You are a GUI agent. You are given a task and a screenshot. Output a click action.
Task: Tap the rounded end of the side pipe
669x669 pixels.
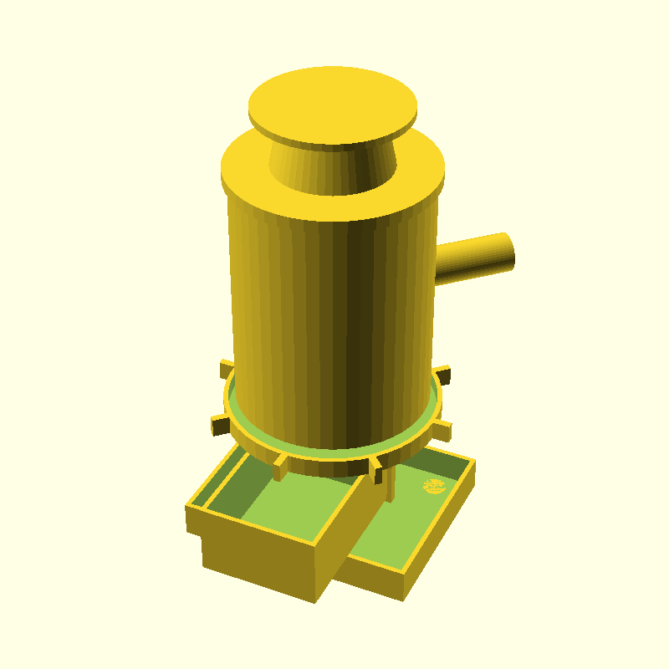[x=505, y=251]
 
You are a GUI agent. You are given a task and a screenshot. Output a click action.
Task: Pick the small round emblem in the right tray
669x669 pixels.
[x=433, y=486]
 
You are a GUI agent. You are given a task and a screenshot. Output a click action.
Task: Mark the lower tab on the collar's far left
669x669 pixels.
[x=219, y=426]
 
